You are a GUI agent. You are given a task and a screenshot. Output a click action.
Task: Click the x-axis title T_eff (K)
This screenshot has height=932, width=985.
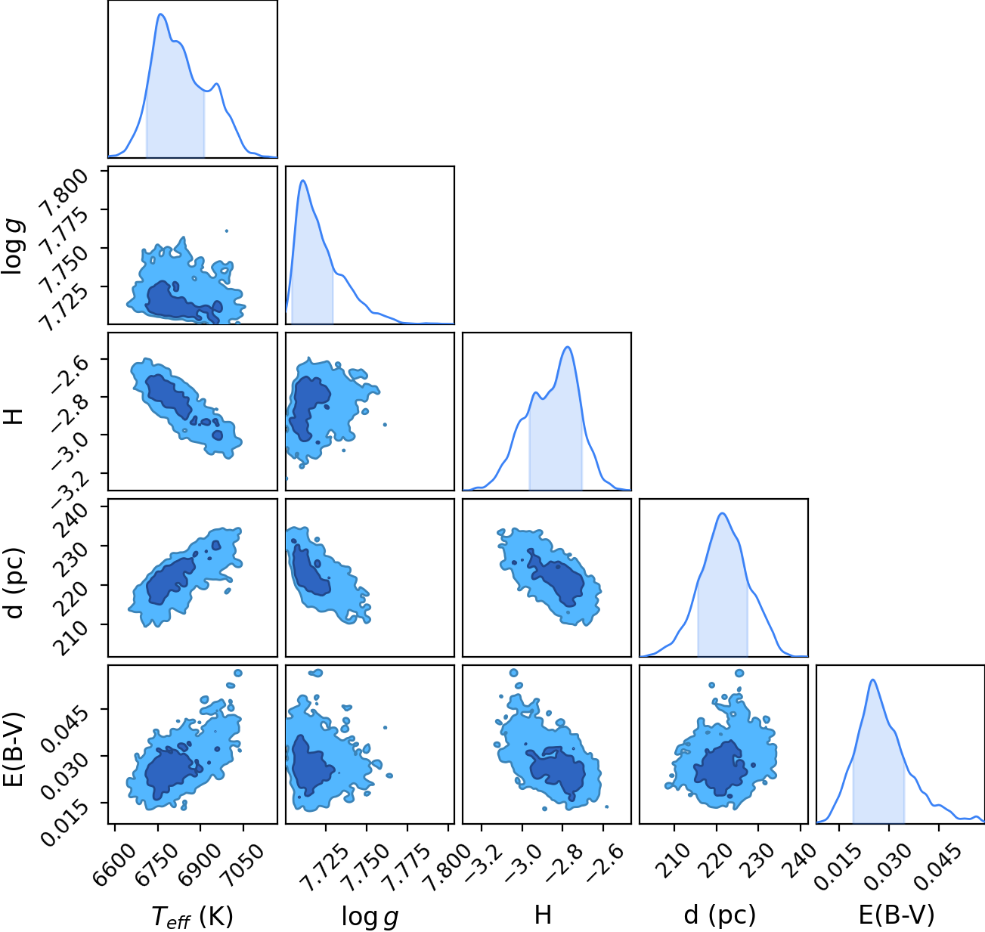coord(193,916)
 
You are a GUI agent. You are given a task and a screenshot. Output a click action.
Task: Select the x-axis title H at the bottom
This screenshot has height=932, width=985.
coord(543,915)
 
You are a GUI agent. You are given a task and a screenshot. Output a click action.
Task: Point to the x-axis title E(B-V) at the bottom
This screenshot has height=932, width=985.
coord(897,915)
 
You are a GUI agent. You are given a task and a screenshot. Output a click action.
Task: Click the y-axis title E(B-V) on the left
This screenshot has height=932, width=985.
coord(14,749)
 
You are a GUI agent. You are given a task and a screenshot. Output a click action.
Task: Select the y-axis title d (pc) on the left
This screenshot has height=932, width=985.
coord(14,584)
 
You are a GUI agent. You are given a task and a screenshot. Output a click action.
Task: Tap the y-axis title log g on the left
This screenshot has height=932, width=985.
coord(14,247)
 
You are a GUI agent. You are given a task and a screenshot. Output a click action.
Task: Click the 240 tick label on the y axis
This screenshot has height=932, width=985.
coord(73,521)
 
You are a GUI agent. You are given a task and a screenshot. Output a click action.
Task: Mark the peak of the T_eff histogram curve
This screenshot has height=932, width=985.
coord(161,14)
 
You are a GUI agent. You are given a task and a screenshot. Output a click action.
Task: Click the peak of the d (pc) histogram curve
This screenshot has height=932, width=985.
coord(723,513)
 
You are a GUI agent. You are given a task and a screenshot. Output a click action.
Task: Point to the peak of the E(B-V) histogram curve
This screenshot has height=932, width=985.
coord(873,680)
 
